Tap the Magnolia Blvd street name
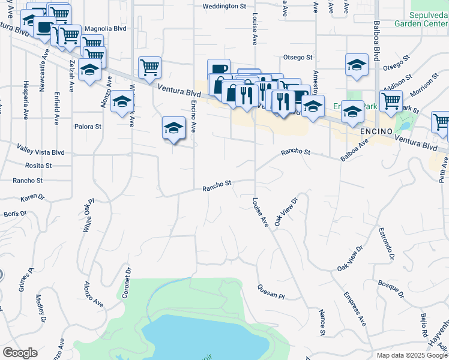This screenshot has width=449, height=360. click(105, 28)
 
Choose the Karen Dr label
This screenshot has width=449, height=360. click(32, 197)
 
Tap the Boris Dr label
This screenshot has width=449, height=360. click(15, 213)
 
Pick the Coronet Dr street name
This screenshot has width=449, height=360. click(127, 281)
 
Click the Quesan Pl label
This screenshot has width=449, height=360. click(270, 292)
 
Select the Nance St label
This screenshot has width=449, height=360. click(322, 323)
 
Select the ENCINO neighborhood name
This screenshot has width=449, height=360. click(376, 131)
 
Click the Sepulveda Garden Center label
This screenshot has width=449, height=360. click(421, 19)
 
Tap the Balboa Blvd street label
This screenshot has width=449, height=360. click(377, 41)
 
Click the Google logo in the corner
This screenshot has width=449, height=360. click(20, 353)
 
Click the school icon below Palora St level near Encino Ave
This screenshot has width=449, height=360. click(173, 128)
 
